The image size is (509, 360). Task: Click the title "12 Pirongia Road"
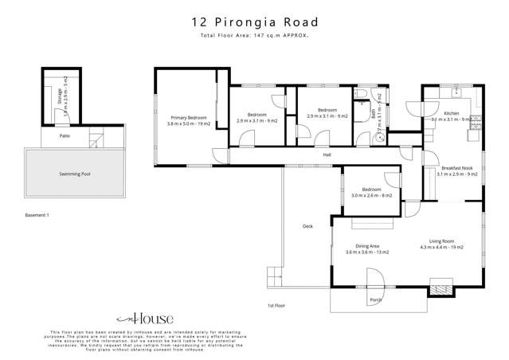tap(254, 24)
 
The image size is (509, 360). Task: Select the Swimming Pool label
tap(74, 174)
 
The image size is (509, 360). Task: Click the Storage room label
tap(61, 98)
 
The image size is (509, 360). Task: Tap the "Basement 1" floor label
tap(37, 215)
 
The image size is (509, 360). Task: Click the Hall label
tap(327, 155)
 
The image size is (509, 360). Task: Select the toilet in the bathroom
tap(362, 96)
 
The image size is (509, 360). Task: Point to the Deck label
tap(307, 226)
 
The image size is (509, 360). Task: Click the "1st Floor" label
tap(276, 305)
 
